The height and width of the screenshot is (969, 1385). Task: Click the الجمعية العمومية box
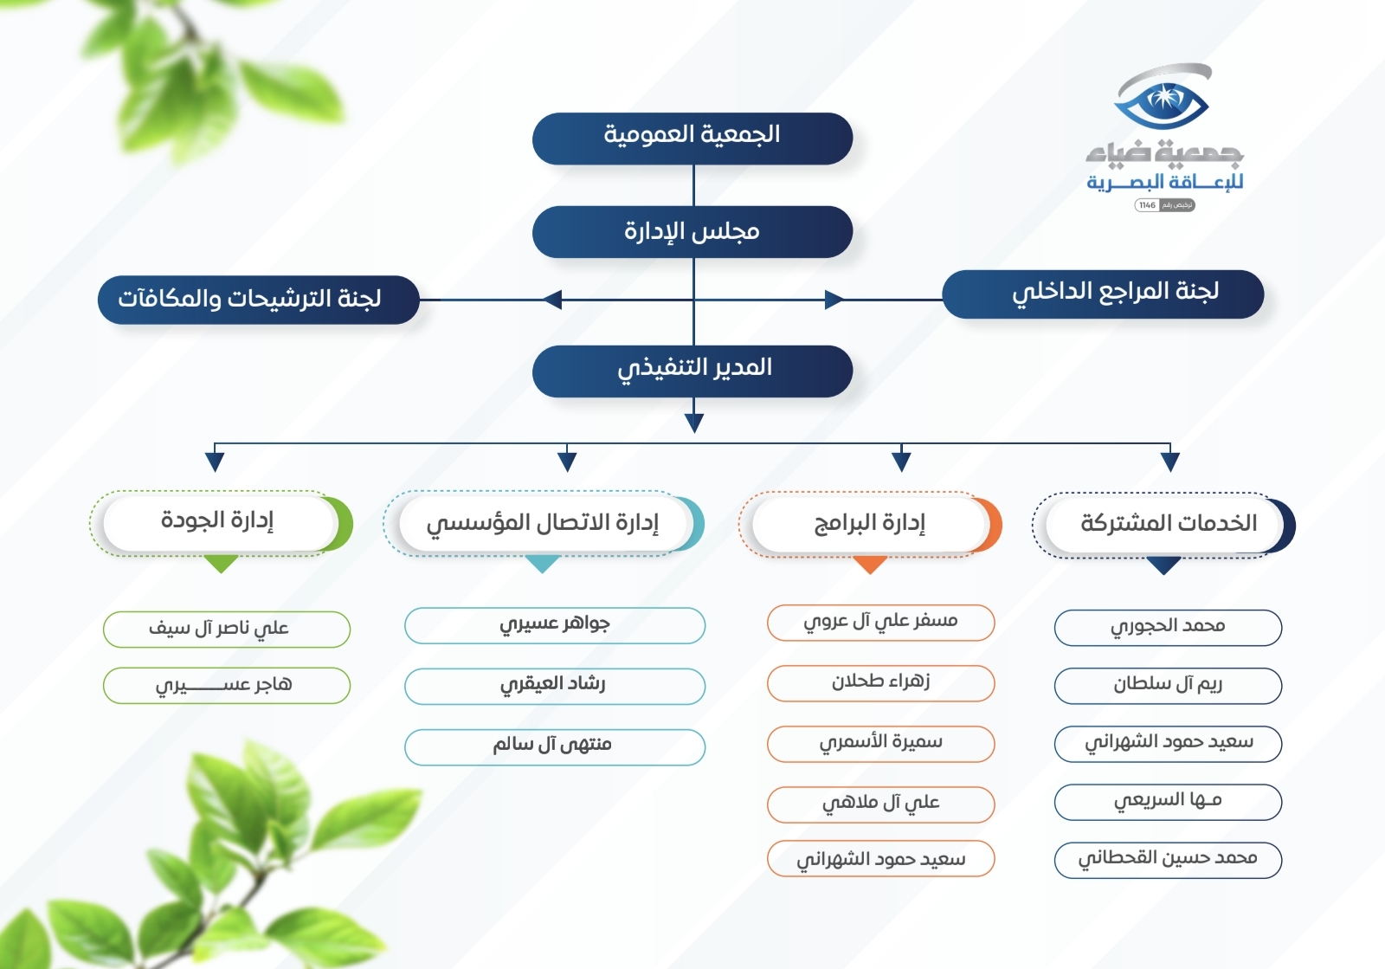(692, 139)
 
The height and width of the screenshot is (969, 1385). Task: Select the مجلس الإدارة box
(692, 232)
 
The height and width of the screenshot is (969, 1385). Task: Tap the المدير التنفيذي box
(692, 371)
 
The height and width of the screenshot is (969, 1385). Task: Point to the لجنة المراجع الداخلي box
(1103, 294)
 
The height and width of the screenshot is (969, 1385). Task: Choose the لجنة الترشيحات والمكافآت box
(259, 300)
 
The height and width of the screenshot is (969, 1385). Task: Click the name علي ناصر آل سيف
(219, 629)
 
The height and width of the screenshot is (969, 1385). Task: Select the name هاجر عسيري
(224, 685)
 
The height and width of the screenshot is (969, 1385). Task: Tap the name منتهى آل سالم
(552, 744)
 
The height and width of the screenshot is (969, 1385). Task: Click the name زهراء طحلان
(880, 682)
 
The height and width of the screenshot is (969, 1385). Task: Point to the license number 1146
(1148, 205)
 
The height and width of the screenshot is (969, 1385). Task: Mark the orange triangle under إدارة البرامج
(870, 564)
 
